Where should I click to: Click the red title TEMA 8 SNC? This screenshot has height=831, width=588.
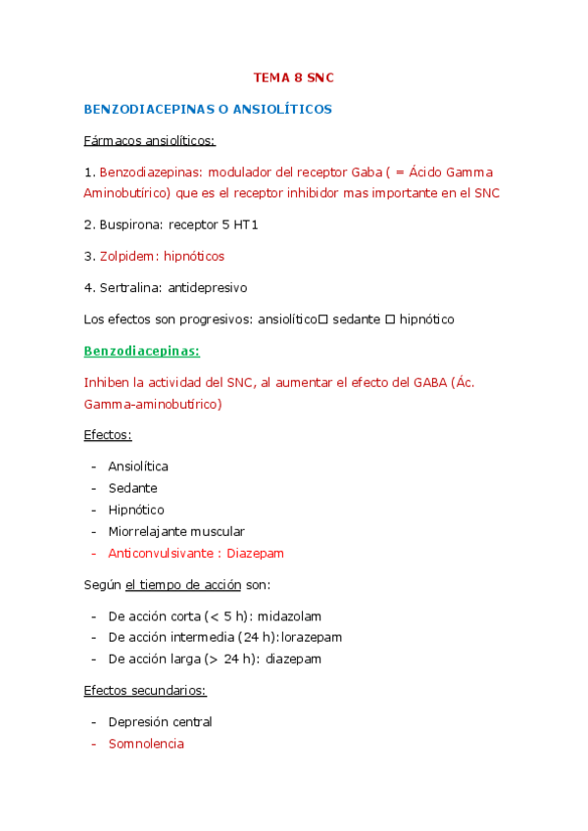(x=294, y=76)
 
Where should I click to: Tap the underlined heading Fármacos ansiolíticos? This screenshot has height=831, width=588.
(x=149, y=140)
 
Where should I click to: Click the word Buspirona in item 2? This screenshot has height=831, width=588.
(x=131, y=224)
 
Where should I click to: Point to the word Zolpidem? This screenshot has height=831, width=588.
(x=129, y=256)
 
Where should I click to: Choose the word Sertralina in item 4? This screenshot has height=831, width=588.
(x=130, y=288)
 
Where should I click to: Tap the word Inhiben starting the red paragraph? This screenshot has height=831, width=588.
(x=107, y=382)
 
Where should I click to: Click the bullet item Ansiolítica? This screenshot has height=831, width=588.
(x=138, y=466)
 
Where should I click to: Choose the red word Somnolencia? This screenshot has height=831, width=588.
(x=146, y=743)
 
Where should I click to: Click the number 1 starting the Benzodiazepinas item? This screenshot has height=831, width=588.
(x=87, y=171)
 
